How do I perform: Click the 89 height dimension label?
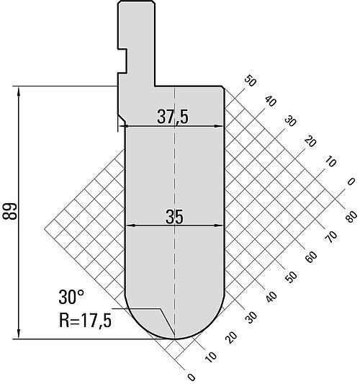tap(9, 211)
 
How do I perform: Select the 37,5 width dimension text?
tap(173, 117)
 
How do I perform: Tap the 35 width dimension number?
tap(174, 217)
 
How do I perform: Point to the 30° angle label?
tap(71, 297)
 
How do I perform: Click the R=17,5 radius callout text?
tap(85, 321)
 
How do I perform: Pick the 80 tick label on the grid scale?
tap(351, 217)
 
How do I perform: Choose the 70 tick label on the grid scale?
tap(331, 237)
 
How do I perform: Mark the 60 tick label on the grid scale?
tap(311, 257)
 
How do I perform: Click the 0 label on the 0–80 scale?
tap(192, 377)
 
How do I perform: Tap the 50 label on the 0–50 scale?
tap(250, 81)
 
